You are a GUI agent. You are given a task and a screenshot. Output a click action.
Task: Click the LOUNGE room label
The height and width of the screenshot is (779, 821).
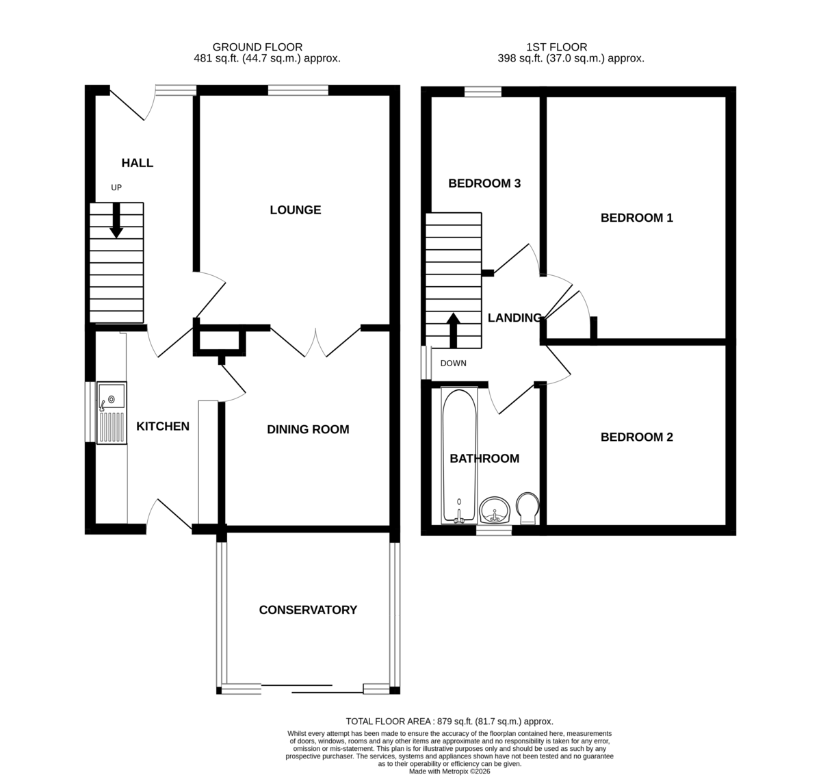coord(296,209)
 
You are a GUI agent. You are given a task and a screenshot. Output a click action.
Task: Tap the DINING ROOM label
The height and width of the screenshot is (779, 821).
coord(308,429)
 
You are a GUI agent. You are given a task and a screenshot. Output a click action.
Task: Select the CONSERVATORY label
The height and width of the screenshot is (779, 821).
coord(308,610)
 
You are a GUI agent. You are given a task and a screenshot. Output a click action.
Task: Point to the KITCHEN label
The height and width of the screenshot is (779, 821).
coord(163,426)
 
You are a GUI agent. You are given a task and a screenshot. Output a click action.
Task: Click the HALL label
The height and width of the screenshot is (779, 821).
coord(138,163)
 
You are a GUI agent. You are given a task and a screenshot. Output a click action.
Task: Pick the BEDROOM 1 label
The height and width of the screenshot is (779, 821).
coord(637,218)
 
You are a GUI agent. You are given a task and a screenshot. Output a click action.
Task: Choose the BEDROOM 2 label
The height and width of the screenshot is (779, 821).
coord(637,437)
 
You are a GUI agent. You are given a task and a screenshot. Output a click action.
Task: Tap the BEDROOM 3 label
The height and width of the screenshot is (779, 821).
coord(484,183)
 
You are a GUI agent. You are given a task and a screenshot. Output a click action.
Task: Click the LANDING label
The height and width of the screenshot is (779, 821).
coord(515,318)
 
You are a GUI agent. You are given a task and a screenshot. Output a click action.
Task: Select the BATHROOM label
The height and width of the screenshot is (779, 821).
coord(484,459)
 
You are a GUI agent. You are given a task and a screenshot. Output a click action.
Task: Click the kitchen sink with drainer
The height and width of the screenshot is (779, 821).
coord(112,413)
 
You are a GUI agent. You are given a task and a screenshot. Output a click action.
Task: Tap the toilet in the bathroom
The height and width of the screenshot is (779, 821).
coord(527,508)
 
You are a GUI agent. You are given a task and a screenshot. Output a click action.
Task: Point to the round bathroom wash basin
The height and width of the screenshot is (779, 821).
coord(495,510)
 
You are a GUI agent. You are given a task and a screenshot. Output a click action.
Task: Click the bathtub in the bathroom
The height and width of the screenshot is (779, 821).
coord(459,455)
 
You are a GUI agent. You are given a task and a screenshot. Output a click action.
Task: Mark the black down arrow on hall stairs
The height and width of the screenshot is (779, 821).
coord(116,220)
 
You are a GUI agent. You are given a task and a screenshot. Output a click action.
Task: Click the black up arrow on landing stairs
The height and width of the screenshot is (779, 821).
coord(453,330)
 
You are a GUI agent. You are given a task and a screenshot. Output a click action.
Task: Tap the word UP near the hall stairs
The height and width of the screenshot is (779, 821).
coord(116,188)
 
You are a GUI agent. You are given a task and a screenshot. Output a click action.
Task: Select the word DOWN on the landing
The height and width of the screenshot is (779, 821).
coord(453,363)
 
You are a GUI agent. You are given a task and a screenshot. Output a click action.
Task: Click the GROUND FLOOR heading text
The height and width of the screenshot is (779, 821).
coord(257,47)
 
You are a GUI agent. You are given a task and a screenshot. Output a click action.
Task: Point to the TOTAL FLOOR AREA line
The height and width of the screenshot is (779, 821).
coord(449,721)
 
